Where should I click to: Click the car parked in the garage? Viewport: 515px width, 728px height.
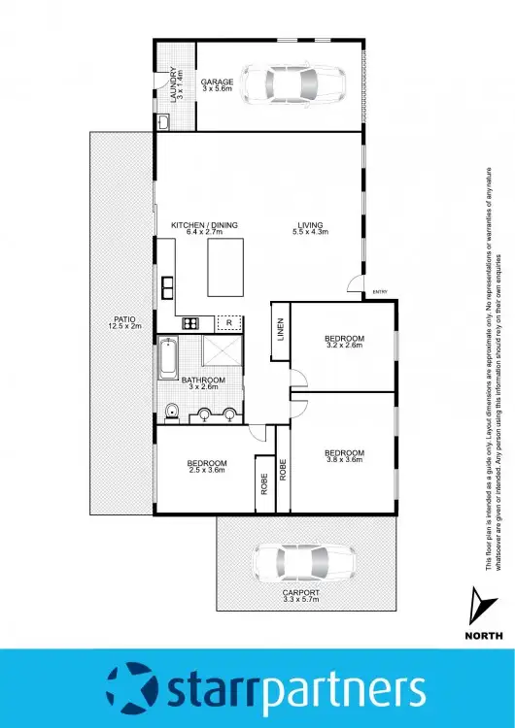[x=295, y=85]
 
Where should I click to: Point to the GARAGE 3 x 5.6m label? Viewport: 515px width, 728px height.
[x=217, y=85]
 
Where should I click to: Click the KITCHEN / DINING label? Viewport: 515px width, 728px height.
[x=204, y=229]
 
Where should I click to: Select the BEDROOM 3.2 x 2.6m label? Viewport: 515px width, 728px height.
[x=344, y=342]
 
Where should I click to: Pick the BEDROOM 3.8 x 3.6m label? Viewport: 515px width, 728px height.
[x=344, y=456]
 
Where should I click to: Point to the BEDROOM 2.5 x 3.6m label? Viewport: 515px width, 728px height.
[x=207, y=466]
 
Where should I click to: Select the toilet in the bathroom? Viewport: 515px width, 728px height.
[x=171, y=412]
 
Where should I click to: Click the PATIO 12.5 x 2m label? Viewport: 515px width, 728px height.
[x=124, y=322]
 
